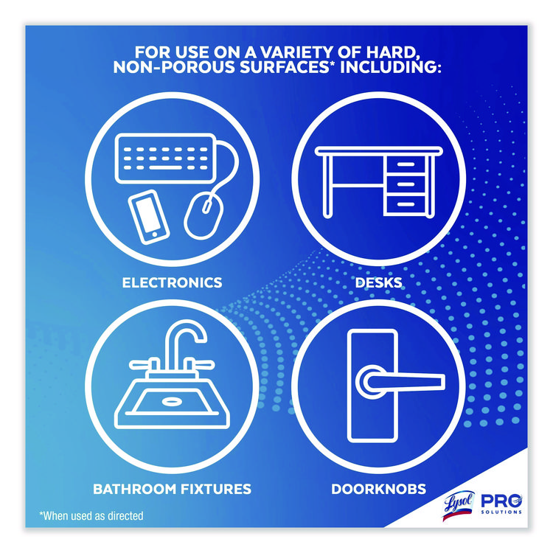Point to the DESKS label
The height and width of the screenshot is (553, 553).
(x=382, y=282)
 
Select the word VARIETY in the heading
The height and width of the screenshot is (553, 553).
(x=305, y=53)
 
